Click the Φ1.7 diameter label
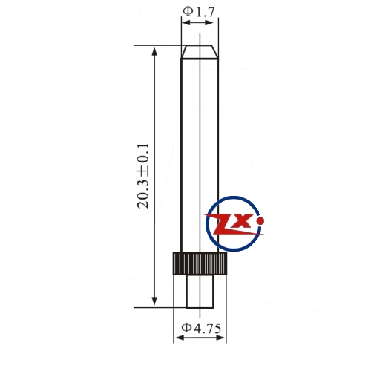[199, 12]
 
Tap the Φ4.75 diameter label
[201, 328]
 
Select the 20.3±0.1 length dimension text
[143, 176]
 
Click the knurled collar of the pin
[200, 263]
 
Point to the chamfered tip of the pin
[200, 52]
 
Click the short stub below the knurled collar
[200, 292]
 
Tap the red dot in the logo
[260, 221]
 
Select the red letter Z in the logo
[229, 225]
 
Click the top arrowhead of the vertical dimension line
[154, 52]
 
